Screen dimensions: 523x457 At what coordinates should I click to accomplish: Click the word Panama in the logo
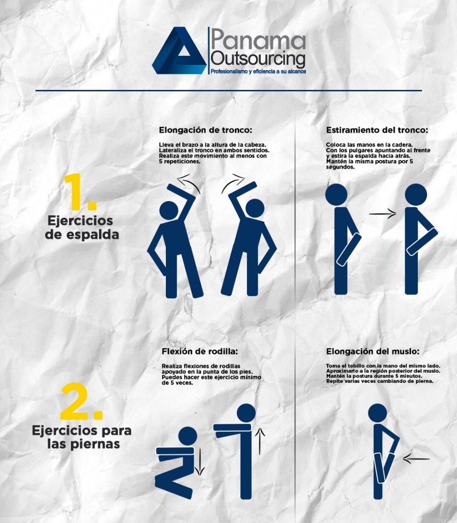pyautogui.click(x=258, y=39)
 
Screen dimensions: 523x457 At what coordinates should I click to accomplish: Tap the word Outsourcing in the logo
pyautogui.click(x=258, y=58)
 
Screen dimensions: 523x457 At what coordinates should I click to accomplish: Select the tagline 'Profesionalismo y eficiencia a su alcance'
pyautogui.click(x=258, y=72)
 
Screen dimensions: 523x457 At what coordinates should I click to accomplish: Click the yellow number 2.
pyautogui.click(x=81, y=402)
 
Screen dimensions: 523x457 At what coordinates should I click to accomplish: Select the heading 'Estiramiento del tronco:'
pyautogui.click(x=377, y=130)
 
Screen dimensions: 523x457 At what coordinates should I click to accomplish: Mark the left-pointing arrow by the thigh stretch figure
pyautogui.click(x=416, y=459)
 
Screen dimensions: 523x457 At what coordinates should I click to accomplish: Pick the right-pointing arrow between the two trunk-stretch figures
pyautogui.click(x=382, y=214)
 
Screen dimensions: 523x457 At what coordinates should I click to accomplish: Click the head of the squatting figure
pyautogui.click(x=188, y=436)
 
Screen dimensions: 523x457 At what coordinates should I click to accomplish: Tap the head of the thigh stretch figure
pyautogui.click(x=377, y=413)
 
